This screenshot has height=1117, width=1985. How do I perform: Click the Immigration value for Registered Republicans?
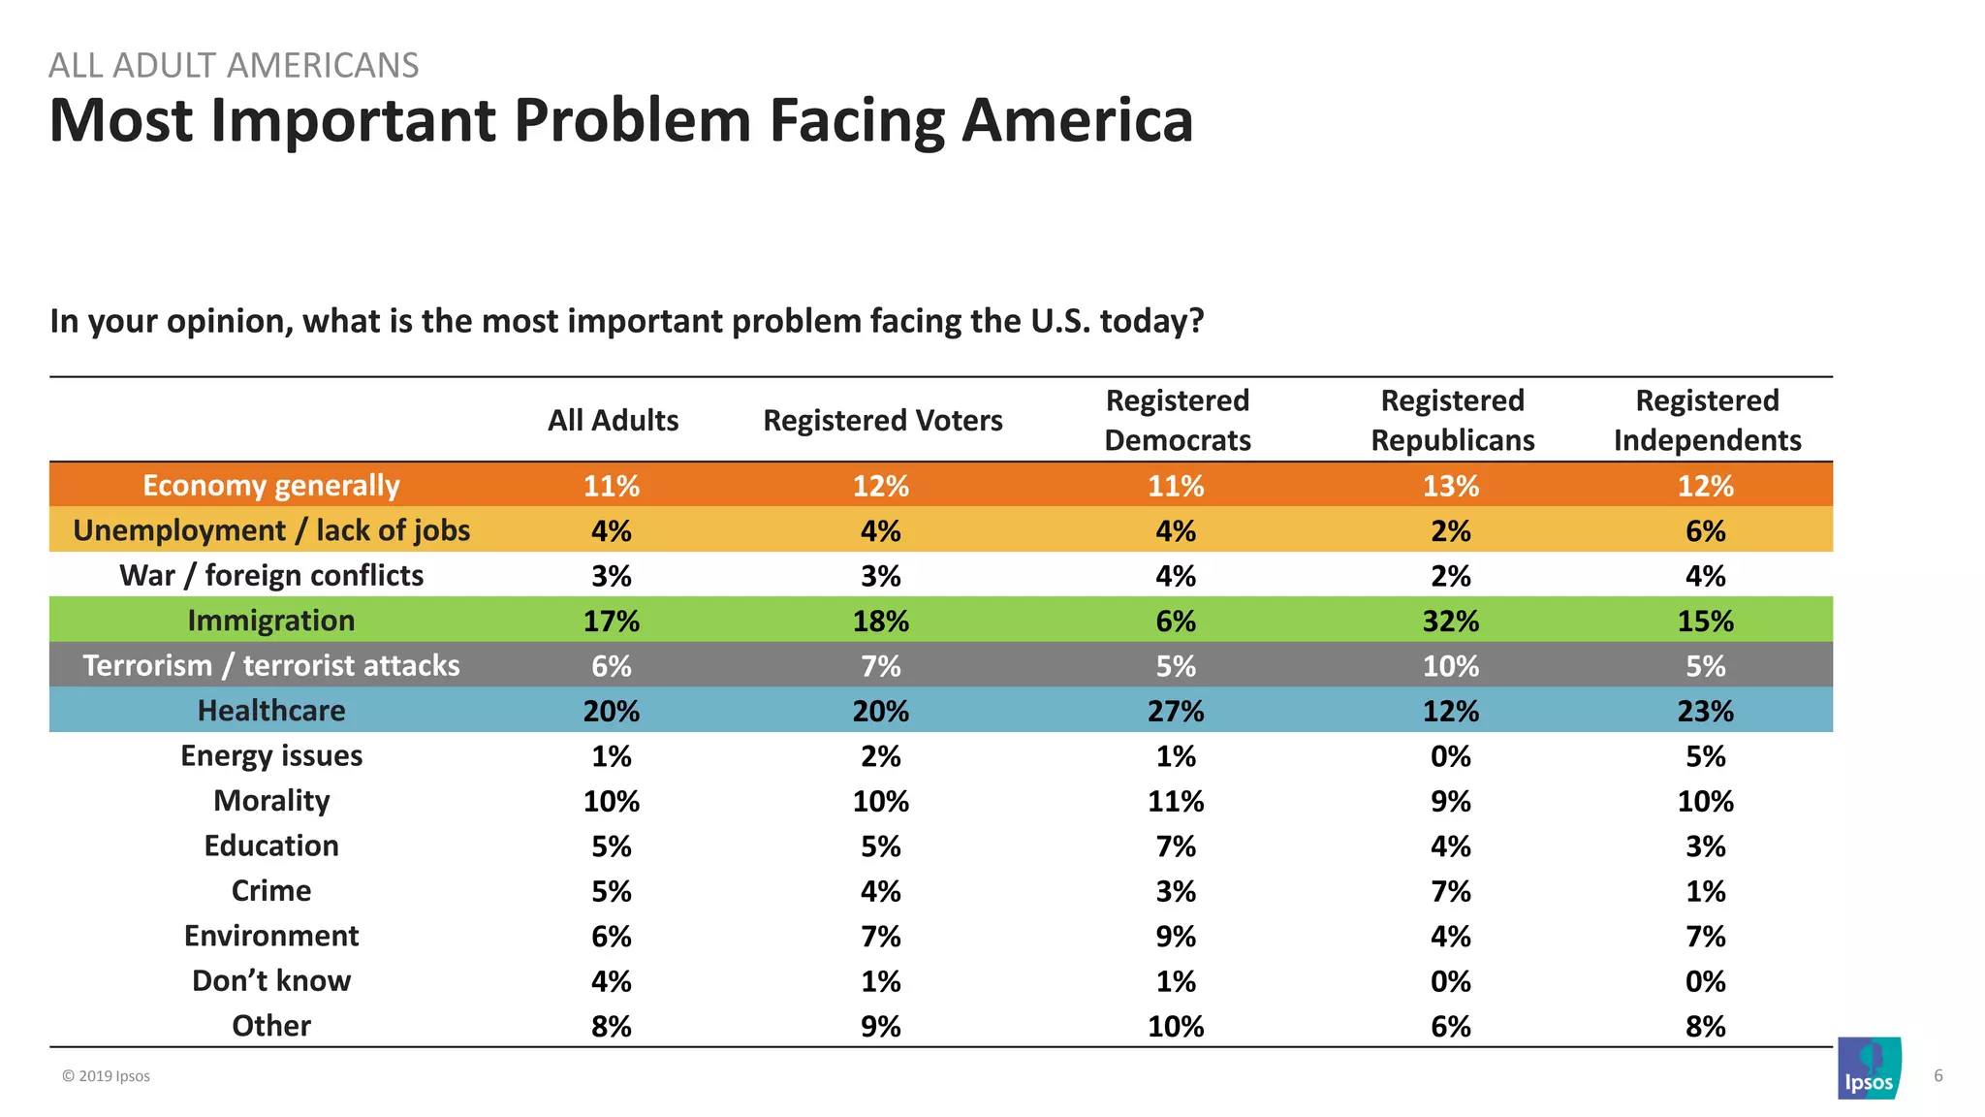[x=1450, y=621]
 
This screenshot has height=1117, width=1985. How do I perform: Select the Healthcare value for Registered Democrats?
[x=1176, y=711]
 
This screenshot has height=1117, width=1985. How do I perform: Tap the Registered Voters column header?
[x=882, y=420]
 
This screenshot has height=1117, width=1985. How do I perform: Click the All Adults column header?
[x=613, y=420]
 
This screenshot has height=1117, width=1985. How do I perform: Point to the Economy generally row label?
[x=271, y=485]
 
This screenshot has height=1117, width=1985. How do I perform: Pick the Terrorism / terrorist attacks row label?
[x=271, y=665]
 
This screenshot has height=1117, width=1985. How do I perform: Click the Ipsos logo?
[x=1869, y=1069]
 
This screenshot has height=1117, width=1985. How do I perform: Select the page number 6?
[x=1938, y=1075]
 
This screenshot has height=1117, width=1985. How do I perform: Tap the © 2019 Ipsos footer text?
[x=106, y=1076]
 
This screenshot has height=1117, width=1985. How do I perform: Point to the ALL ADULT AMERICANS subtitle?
[x=234, y=65]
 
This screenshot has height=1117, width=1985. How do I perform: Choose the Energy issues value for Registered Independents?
[x=1705, y=756]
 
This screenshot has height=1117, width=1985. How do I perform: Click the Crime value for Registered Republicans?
[x=1450, y=891]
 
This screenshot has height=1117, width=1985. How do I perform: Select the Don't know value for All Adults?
[x=612, y=981]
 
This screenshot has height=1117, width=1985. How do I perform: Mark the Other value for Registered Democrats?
[x=1176, y=1026]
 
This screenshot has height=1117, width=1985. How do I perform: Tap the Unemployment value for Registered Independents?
[x=1705, y=530]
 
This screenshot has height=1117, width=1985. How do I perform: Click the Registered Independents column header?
[x=1707, y=420]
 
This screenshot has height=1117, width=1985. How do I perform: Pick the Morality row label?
[x=271, y=801]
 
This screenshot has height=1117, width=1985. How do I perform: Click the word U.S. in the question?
[x=1060, y=320]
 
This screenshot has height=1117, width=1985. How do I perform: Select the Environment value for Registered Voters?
[x=880, y=936]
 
